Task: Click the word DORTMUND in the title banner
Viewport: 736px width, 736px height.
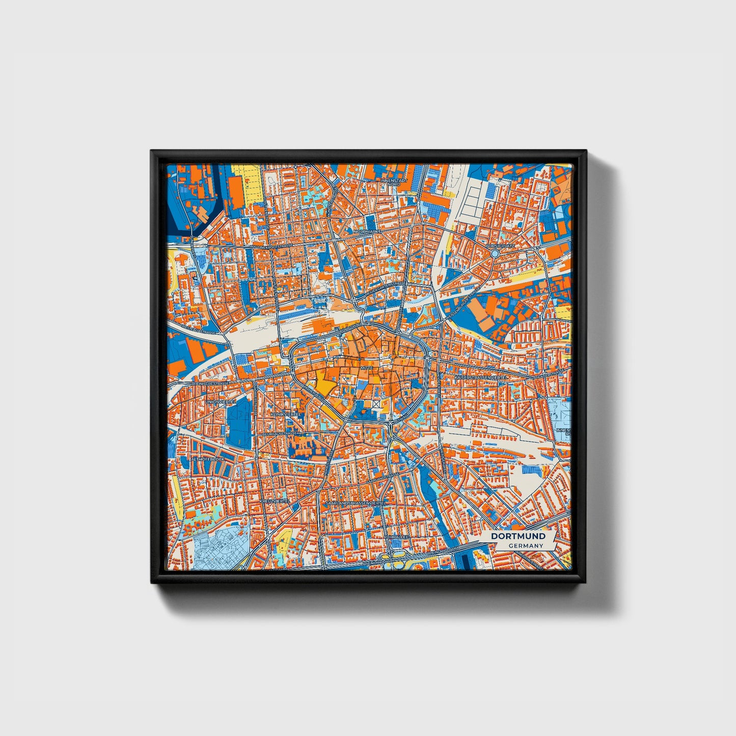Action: click(x=518, y=536)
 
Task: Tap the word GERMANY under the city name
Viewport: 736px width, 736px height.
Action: click(x=525, y=546)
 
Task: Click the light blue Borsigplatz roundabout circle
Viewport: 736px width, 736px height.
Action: click(x=495, y=253)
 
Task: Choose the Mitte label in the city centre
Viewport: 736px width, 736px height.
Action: click(x=367, y=367)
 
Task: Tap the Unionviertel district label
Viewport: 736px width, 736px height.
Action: click(x=220, y=402)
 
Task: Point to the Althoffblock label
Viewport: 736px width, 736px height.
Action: click(x=207, y=459)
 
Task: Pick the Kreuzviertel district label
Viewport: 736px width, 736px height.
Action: click(x=275, y=501)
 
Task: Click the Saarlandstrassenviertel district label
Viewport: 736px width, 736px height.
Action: click(x=355, y=502)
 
